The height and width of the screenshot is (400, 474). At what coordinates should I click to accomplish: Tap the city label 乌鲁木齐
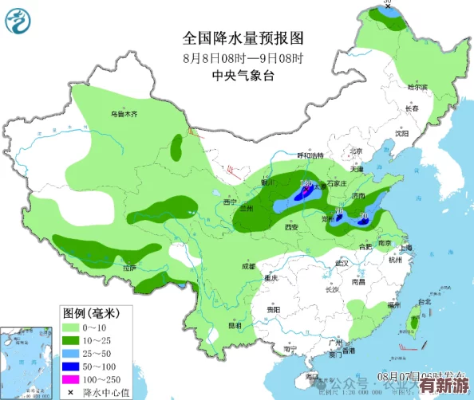tap(124, 114)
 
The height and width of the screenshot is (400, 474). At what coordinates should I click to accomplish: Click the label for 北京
tap(356, 151)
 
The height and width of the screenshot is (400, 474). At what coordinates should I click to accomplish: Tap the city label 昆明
tap(235, 325)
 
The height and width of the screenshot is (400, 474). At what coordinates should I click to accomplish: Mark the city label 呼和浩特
tap(311, 155)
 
